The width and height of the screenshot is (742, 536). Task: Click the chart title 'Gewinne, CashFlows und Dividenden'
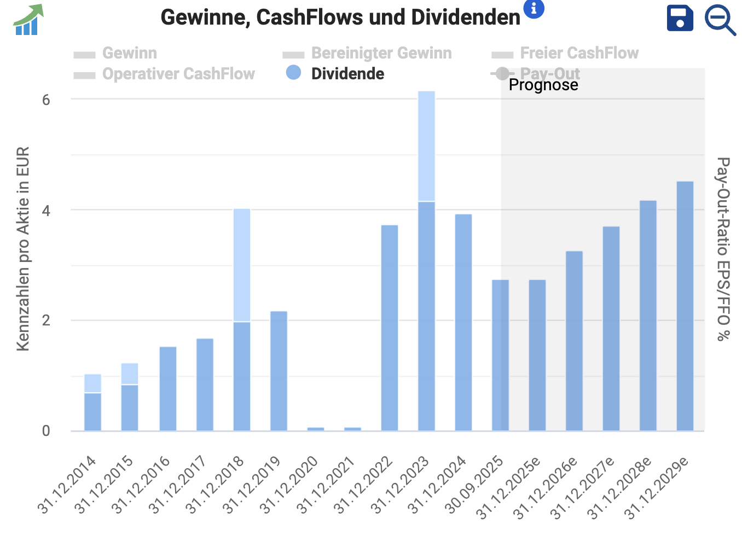tap(340, 18)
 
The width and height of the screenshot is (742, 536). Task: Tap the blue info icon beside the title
tap(534, 8)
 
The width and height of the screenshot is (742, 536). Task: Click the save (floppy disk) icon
tap(680, 19)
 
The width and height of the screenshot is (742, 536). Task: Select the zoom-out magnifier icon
tap(719, 20)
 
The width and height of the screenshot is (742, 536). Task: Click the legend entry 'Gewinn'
tap(129, 53)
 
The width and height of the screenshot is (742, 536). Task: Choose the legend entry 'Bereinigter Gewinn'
tap(381, 53)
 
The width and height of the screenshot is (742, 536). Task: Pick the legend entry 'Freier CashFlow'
tap(579, 53)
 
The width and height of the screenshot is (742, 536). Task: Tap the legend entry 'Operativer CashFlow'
tap(178, 74)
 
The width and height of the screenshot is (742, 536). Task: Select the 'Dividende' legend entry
tap(347, 74)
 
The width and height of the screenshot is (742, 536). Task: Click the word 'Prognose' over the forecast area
tap(543, 85)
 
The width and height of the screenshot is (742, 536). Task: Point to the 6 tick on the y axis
tap(46, 100)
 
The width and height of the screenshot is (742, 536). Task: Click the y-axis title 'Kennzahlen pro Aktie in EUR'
tap(22, 249)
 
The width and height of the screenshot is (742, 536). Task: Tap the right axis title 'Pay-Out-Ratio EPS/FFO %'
tap(723, 249)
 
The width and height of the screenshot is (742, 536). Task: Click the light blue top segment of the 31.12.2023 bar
tap(426, 146)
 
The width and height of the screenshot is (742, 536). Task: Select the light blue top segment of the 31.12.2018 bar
tap(242, 265)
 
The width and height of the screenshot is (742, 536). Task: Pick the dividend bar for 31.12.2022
tap(390, 328)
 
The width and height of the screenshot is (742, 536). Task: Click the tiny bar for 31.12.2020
tap(316, 429)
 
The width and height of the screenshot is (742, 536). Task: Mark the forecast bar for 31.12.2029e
tap(685, 306)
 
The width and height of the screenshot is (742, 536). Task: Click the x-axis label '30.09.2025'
tap(474, 485)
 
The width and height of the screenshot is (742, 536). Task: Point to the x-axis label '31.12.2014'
tap(67, 485)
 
